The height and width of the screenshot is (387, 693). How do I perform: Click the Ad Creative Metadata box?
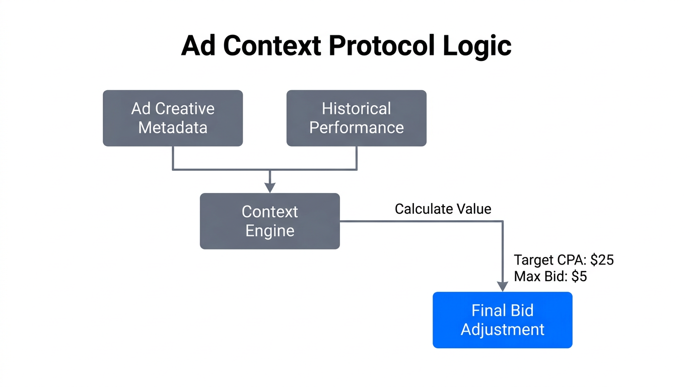pos(173,118)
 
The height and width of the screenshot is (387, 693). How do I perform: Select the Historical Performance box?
pos(356,118)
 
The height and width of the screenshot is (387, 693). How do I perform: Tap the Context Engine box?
pos(269,221)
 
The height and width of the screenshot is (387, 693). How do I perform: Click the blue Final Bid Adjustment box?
pos(502,319)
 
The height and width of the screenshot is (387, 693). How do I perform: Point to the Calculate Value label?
pos(443,209)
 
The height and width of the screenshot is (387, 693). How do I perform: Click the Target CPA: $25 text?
pos(564,260)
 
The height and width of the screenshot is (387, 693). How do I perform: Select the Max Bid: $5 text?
pos(550,276)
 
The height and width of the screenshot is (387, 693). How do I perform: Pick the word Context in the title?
pos(272,46)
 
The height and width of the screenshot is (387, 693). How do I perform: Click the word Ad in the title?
pos(199,46)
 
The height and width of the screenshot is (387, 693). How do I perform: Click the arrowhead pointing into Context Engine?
pos(270,188)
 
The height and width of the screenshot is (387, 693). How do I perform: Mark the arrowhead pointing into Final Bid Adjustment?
pos(502,286)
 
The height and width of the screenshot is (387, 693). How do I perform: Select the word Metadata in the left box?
pos(173,127)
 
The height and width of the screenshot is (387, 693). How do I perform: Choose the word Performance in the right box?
pos(356,127)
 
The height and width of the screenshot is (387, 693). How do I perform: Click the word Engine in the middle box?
pos(269,231)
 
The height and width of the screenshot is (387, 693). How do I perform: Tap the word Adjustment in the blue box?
pos(502,330)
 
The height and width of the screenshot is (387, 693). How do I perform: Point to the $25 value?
pos(602,260)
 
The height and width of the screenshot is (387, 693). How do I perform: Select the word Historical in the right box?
pos(356,108)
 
